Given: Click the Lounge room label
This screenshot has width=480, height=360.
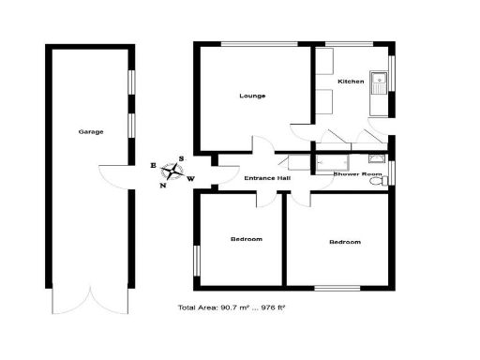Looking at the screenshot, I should click(x=252, y=96).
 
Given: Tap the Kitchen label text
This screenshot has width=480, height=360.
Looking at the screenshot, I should click(x=351, y=82).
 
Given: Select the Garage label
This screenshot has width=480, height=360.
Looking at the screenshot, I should click(x=91, y=131).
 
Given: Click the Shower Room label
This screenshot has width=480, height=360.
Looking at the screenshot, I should click(x=358, y=174).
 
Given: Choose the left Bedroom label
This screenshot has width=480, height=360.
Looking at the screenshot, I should click(x=247, y=239).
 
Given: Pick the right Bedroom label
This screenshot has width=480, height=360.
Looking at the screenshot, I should click(x=344, y=243).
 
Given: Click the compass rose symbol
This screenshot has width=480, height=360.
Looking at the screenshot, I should click(x=172, y=172).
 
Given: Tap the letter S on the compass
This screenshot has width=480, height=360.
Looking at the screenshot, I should click(x=183, y=159).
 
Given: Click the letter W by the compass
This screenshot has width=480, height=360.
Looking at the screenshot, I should click(x=191, y=178).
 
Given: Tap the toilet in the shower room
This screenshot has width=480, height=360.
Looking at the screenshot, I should click(x=378, y=181).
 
